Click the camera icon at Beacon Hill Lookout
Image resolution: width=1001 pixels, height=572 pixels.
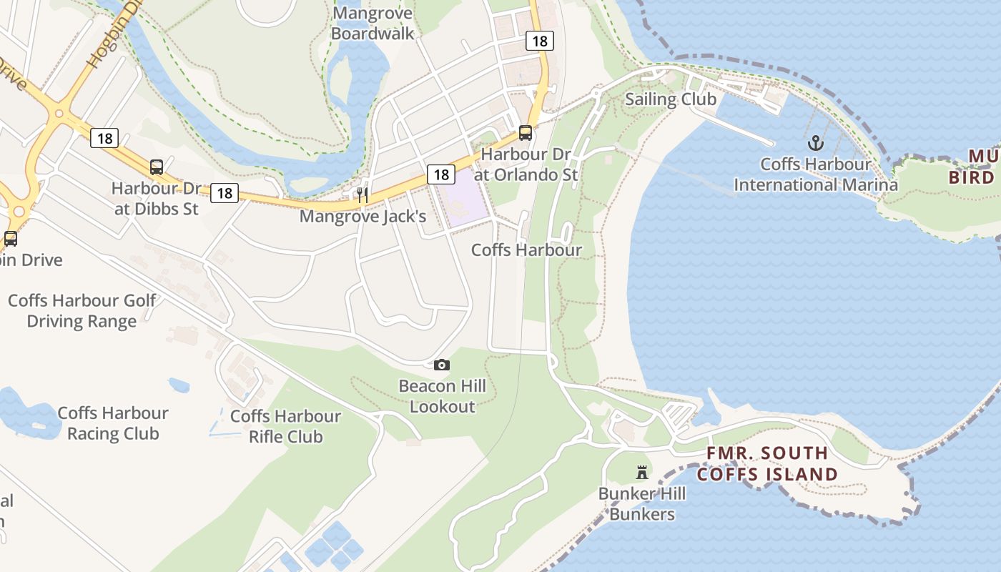(x=442, y=365)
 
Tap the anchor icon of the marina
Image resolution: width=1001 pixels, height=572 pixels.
(x=815, y=143)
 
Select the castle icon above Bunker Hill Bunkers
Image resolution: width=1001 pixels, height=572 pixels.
(x=642, y=473)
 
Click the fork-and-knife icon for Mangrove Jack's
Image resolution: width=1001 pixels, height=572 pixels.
(x=363, y=194)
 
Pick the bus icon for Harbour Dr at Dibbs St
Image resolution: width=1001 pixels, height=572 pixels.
(x=157, y=167)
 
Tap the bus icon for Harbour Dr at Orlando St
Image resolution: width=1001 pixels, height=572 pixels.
(x=525, y=133)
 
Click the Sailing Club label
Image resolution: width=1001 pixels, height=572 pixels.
(x=671, y=99)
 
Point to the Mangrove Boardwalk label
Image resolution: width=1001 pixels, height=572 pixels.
(x=373, y=23)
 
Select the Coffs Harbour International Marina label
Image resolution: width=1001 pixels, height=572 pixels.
(x=815, y=174)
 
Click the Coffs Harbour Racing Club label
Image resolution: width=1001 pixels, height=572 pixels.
(x=113, y=423)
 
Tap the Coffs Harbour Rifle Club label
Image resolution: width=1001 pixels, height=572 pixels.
(x=285, y=426)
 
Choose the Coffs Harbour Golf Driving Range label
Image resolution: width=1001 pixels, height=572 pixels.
(x=82, y=310)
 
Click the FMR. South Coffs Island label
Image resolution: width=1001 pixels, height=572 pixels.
(x=767, y=463)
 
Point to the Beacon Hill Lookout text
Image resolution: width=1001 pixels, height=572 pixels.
(x=442, y=396)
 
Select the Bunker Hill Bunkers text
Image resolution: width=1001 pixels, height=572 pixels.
(x=642, y=504)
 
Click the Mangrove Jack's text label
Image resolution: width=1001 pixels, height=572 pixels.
(x=363, y=216)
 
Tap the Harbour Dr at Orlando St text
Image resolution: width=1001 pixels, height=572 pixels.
(x=529, y=164)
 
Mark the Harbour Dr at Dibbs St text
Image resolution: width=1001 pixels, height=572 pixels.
(x=157, y=199)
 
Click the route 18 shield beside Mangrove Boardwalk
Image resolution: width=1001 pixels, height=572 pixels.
(x=540, y=41)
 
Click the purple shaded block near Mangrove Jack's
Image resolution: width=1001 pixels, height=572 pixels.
(x=465, y=199)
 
